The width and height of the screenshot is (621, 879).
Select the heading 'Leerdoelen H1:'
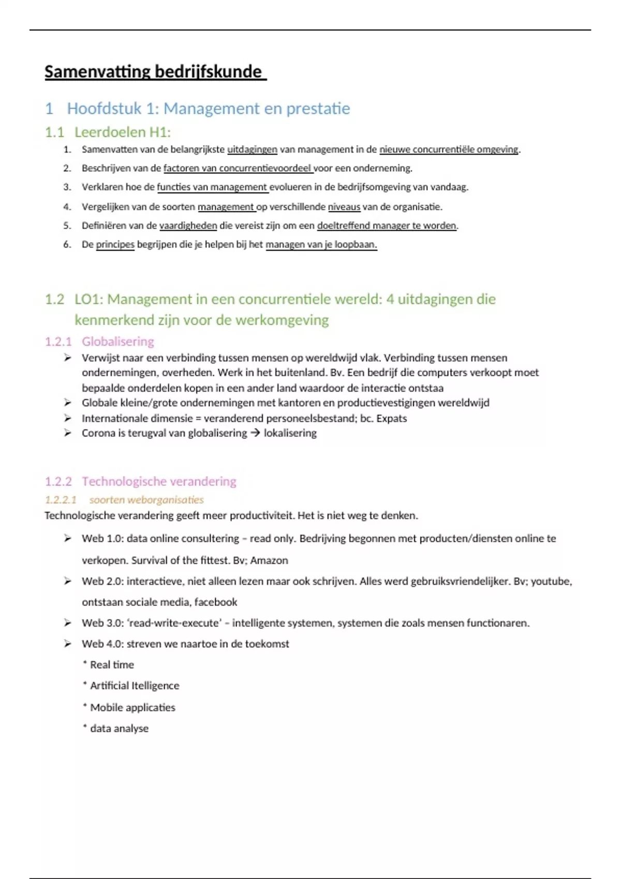click(x=122, y=132)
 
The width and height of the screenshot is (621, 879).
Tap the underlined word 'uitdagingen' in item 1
click(x=252, y=149)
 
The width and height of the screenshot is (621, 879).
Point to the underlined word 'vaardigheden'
click(x=188, y=225)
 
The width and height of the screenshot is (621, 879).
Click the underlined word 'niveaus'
click(x=344, y=207)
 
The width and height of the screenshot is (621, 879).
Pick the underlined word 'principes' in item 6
click(x=115, y=244)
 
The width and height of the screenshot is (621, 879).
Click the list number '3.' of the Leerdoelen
click(x=67, y=187)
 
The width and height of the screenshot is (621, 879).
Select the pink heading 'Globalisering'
click(x=117, y=341)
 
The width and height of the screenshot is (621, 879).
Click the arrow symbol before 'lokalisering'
click(x=255, y=433)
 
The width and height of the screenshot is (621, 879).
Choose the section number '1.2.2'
click(x=58, y=481)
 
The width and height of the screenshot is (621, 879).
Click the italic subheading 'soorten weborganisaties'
click(x=146, y=499)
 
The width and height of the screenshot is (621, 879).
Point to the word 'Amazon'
click(x=269, y=560)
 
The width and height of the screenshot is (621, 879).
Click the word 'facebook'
click(x=215, y=602)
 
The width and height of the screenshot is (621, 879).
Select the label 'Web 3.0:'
click(x=102, y=623)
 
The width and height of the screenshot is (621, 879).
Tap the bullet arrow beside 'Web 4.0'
click(x=67, y=644)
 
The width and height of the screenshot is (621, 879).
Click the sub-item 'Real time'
click(x=112, y=665)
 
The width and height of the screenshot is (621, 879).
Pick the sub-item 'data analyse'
click(x=119, y=729)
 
